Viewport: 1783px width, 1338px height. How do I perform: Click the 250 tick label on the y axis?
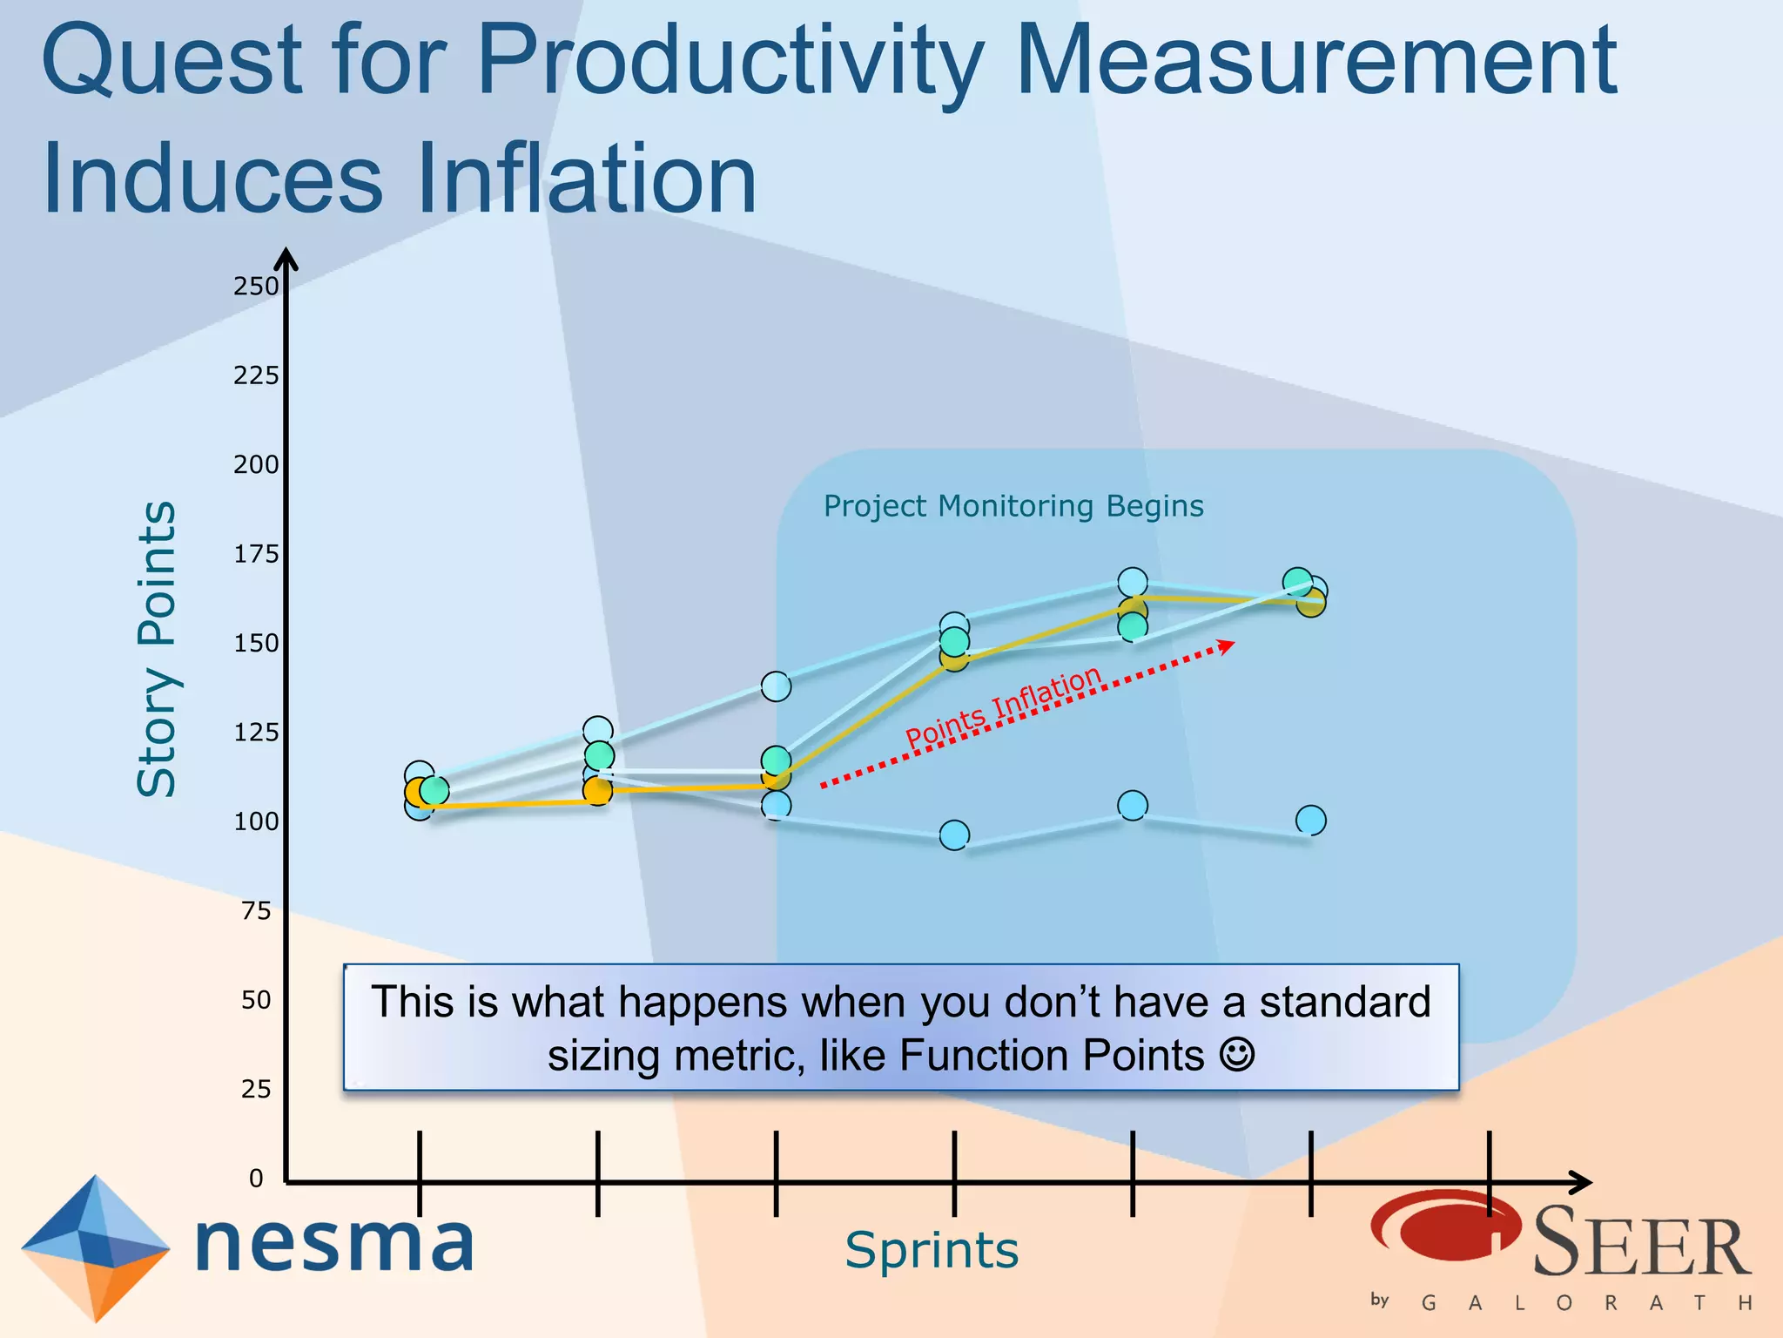point(255,287)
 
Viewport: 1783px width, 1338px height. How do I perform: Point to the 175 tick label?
point(255,554)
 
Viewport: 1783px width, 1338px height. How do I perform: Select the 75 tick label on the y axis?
point(256,911)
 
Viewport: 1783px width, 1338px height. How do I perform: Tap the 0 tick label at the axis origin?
point(256,1179)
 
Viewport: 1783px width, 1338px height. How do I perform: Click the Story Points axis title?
point(158,649)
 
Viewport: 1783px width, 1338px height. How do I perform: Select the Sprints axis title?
point(932,1251)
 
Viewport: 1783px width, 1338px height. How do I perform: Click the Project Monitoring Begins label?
point(1013,506)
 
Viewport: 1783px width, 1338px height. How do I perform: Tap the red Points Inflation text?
point(1004,707)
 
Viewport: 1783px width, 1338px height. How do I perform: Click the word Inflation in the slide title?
point(586,179)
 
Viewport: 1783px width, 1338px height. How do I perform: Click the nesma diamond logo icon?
point(95,1247)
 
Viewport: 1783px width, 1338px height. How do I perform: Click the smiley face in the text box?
point(1237,1055)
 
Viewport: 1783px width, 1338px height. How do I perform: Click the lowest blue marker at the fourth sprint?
point(954,835)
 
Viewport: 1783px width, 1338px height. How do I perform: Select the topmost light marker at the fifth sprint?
point(1132,582)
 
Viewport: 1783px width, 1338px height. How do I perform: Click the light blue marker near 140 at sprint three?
point(776,686)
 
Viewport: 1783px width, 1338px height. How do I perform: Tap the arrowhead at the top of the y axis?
point(286,259)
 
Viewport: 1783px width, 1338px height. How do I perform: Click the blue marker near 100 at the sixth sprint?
point(1310,820)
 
